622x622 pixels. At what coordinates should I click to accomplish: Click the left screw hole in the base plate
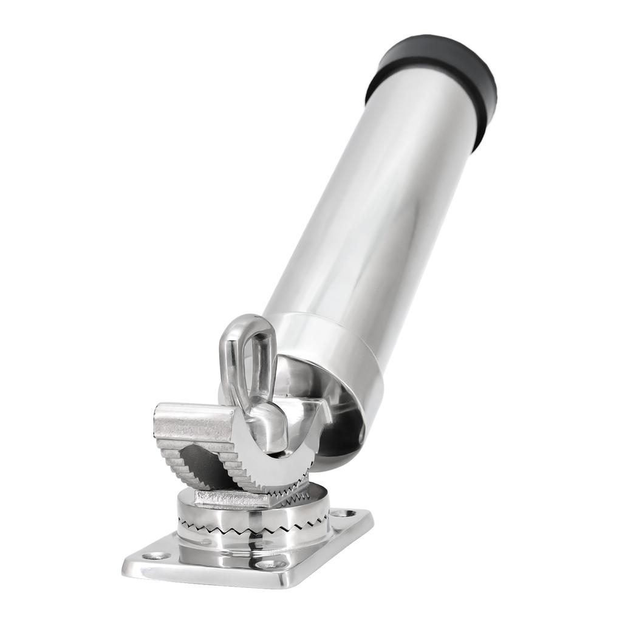[x=156, y=555]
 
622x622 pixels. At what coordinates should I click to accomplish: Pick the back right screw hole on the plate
[x=344, y=513]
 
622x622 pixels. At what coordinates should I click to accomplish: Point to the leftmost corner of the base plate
[x=126, y=562]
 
